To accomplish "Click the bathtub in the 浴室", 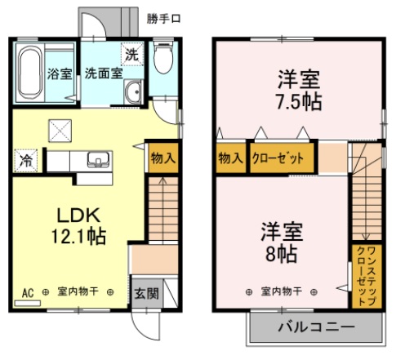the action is tap(30, 73).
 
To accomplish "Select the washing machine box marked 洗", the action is tap(132, 54).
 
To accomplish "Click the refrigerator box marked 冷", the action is tap(25, 161).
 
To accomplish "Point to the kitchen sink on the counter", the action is tap(98, 159).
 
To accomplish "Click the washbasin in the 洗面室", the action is tap(133, 91).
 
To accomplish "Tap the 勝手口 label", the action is tap(163, 19).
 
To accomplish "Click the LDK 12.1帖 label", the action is tap(78, 225).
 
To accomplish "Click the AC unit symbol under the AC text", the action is tap(28, 303).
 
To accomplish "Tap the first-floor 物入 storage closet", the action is tap(163, 158).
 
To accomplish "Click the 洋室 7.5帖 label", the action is tap(299, 91).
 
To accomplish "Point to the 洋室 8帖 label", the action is tap(282, 242).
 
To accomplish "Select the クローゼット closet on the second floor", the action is tap(282, 158).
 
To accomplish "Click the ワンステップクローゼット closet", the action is tap(367, 276).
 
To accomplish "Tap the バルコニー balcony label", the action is tap(316, 327).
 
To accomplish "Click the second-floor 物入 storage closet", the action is tap(231, 158).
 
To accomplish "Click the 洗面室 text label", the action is tap(104, 73).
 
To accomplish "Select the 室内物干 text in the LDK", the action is tap(78, 291).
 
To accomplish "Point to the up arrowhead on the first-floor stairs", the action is tap(162, 180).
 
